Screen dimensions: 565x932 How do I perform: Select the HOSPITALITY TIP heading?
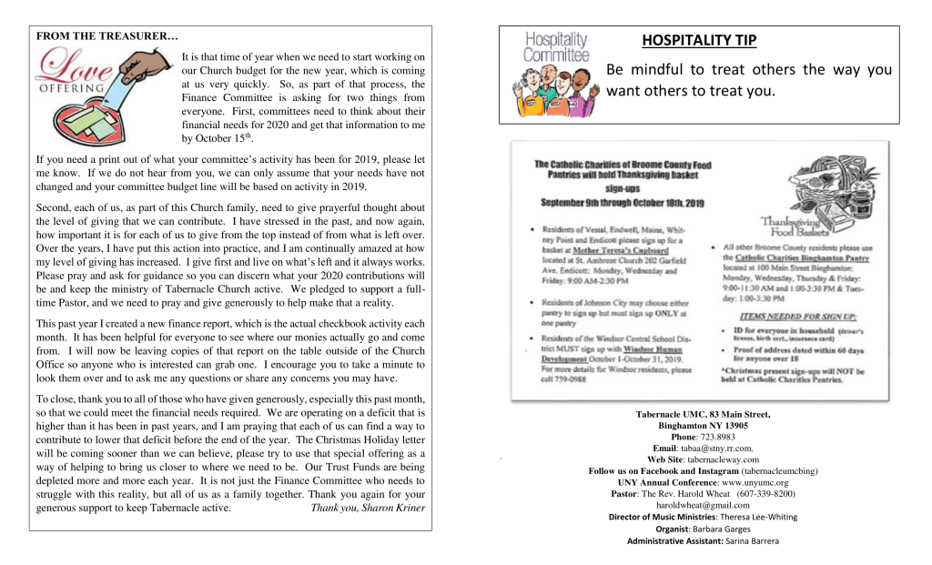tap(699, 40)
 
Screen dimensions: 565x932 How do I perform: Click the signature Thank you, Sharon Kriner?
tap(368, 508)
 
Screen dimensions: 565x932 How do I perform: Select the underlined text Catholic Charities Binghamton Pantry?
tap(802, 258)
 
